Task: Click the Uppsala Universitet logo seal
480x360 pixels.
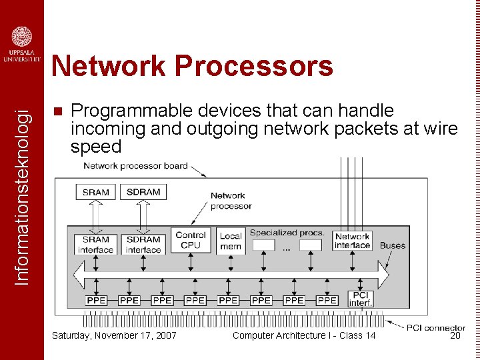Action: click(x=22, y=37)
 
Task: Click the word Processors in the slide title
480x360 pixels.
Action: click(x=253, y=66)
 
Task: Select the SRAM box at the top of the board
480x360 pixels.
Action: click(x=95, y=192)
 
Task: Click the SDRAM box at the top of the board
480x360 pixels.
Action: click(x=143, y=192)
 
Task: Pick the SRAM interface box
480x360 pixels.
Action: click(x=96, y=244)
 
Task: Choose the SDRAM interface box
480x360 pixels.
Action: click(x=143, y=244)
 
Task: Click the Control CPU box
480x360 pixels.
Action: click(x=191, y=240)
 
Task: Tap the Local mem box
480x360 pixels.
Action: click(x=231, y=241)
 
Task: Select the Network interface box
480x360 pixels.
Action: click(x=352, y=241)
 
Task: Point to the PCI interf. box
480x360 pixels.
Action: click(x=360, y=299)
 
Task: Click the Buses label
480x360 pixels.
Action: click(x=393, y=245)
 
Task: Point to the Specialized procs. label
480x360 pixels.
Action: click(x=287, y=233)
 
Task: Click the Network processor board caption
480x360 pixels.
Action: click(x=135, y=165)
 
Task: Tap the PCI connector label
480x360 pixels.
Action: click(x=435, y=327)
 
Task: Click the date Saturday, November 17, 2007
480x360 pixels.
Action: click(x=114, y=335)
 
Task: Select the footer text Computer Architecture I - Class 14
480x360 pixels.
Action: click(x=304, y=335)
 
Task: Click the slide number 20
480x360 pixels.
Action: click(x=455, y=335)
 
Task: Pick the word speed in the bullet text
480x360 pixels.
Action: click(x=96, y=147)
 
